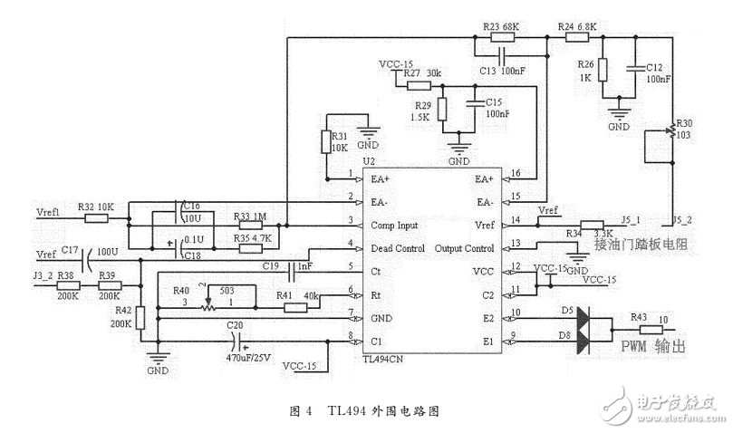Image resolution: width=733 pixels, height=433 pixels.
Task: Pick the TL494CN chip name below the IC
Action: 386,359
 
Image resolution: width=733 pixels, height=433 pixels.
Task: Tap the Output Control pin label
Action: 464,247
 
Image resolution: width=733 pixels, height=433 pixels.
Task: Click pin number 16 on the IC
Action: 516,172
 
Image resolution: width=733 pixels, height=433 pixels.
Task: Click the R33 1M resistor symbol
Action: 251,223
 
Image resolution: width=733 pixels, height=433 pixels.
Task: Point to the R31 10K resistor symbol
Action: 328,142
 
